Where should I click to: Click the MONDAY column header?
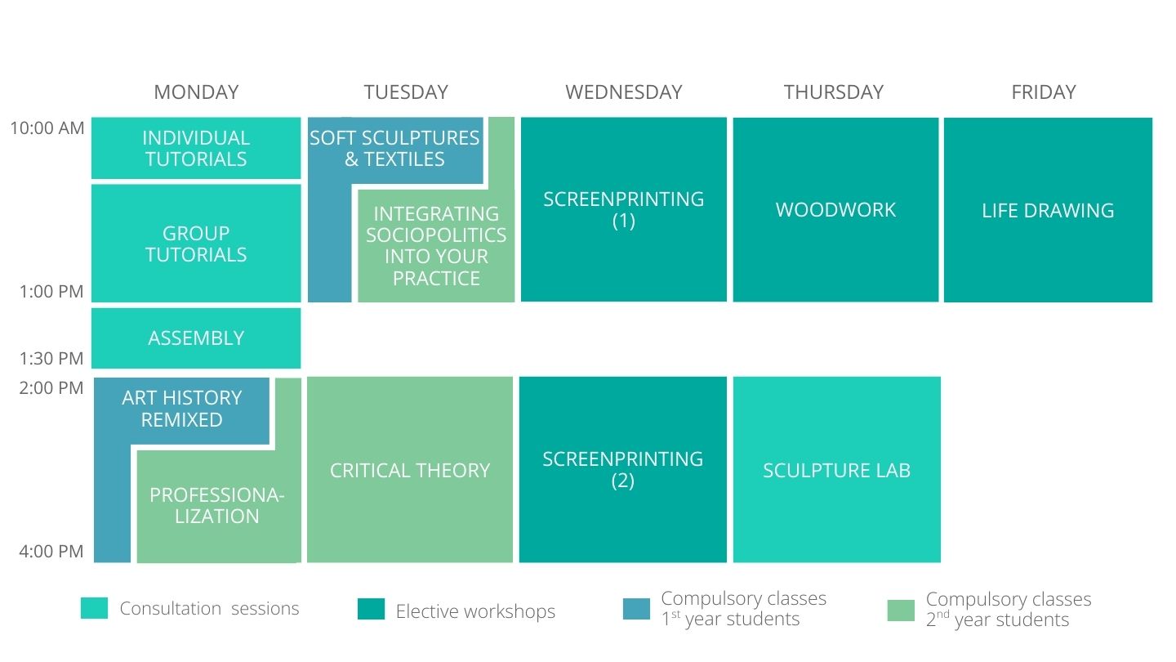pyautogui.click(x=196, y=92)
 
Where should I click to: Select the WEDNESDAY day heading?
pyautogui.click(x=624, y=92)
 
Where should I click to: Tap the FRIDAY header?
pyautogui.click(x=1044, y=92)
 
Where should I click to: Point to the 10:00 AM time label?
pyautogui.click(x=47, y=127)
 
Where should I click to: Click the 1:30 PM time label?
pyautogui.click(x=51, y=358)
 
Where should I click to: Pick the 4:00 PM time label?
pyautogui.click(x=51, y=551)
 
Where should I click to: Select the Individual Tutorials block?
pyautogui.click(x=196, y=148)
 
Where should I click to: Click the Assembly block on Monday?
pyautogui.click(x=196, y=338)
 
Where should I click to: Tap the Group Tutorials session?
pyautogui.click(x=196, y=244)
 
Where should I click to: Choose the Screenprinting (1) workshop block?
pyautogui.click(x=624, y=209)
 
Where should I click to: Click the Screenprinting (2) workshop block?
pyautogui.click(x=622, y=469)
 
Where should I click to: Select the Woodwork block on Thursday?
pyautogui.click(x=835, y=209)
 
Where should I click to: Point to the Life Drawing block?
pyautogui.click(x=1048, y=209)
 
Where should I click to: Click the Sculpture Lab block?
pyautogui.click(x=837, y=469)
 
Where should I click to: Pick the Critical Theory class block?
pyautogui.click(x=409, y=469)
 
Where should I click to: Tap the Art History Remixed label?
pyautogui.click(x=181, y=409)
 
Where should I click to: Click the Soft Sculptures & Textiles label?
pyautogui.click(x=394, y=148)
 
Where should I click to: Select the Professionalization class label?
pyautogui.click(x=217, y=505)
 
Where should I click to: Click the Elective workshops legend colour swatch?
pyautogui.click(x=371, y=609)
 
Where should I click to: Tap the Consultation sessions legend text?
pyautogui.click(x=209, y=608)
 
